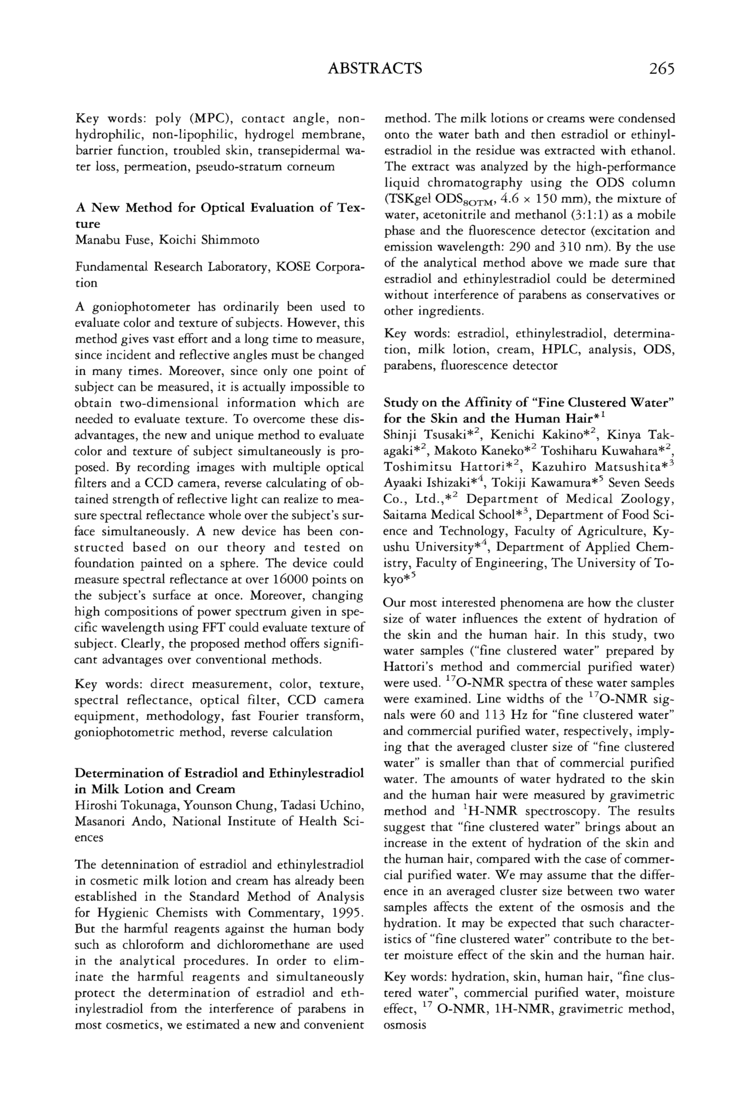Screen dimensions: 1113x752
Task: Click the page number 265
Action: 661,69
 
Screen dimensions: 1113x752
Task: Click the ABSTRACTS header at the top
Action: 375,69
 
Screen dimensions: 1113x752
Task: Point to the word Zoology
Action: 648,499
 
